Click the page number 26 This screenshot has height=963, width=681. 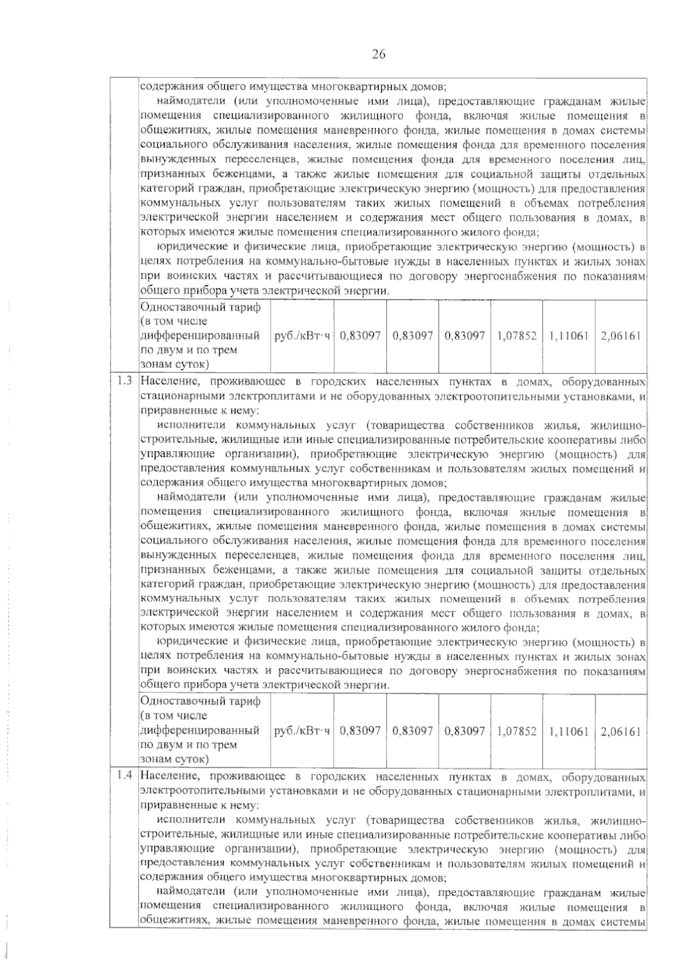tap(379, 54)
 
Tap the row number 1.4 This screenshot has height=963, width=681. tap(124, 776)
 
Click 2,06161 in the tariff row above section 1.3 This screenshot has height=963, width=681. tap(621, 335)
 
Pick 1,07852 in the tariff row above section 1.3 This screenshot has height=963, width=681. tap(516, 335)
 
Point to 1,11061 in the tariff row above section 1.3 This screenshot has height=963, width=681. tap(569, 335)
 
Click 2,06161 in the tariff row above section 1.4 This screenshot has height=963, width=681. tap(621, 731)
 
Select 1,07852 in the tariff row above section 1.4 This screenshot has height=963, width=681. tap(516, 731)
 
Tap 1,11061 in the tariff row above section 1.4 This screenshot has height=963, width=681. tap(569, 731)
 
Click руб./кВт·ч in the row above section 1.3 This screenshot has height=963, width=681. tap(302, 335)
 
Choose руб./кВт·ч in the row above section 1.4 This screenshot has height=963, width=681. tap(302, 731)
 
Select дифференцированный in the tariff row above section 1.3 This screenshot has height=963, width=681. tap(200, 335)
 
